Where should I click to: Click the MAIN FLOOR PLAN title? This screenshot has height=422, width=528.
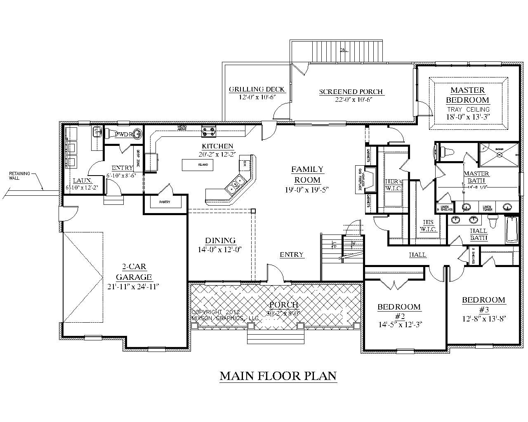278,376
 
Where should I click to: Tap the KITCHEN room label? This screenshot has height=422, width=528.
217,146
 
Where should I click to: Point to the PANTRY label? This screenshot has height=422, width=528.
165,202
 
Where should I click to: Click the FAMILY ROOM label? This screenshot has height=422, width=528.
307,174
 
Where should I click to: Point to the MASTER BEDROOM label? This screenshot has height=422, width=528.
467,95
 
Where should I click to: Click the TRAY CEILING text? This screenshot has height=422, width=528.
467,109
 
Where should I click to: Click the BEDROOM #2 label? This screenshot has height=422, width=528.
399,311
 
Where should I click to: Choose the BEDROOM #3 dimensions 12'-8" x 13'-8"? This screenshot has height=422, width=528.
483,318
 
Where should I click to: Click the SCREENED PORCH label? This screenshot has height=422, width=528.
351,92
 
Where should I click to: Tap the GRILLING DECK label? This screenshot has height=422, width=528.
257,89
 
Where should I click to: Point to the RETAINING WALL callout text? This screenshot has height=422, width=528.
20,176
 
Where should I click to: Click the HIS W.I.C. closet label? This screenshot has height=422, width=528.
429,225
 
